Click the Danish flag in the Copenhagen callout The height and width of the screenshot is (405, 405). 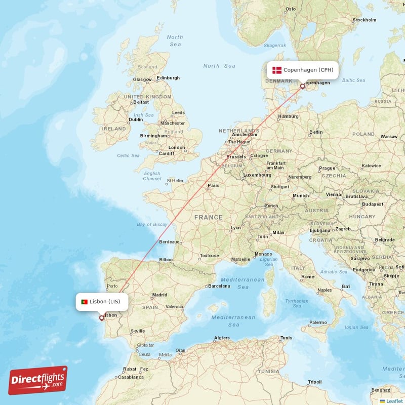click(x=277, y=70)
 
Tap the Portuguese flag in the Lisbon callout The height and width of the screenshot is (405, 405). click(x=84, y=302)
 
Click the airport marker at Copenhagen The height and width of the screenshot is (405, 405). click(x=303, y=86)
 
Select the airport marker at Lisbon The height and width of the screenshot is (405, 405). click(x=102, y=318)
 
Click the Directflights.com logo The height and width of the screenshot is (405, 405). click(x=38, y=380)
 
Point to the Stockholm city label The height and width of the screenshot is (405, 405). click(x=364, y=20)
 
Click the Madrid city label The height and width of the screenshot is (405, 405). click(x=159, y=295)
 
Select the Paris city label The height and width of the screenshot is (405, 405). click(x=214, y=185)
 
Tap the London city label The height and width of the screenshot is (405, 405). click(x=177, y=148)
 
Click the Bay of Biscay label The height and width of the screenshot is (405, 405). click(x=152, y=224)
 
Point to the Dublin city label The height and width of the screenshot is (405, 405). click(x=136, y=119)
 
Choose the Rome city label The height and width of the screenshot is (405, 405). click(x=308, y=277)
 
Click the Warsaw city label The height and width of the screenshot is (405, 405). click(x=389, y=137)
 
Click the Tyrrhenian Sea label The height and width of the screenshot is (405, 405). click(x=297, y=303)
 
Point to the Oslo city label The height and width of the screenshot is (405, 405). click(x=291, y=9)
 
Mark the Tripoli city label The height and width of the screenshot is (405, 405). click(x=315, y=382)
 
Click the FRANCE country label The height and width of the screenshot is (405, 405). click(x=208, y=217)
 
